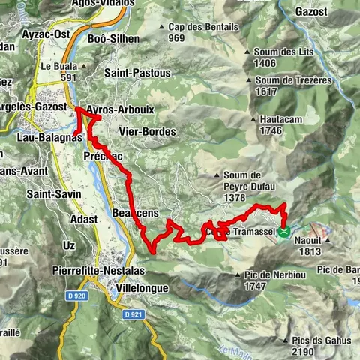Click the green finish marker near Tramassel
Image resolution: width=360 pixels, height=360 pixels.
[284, 232]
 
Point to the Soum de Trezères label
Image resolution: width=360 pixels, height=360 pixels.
[283, 85]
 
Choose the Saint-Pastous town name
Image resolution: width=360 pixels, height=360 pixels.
[138, 73]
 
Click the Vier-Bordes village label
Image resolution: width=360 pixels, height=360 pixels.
[147, 131]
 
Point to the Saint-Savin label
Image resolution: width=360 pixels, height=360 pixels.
[49, 193]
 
